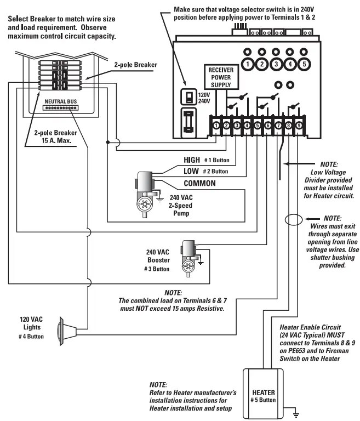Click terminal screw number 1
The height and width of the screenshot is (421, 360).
pos(217,126)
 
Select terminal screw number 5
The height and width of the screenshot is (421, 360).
pos(257,126)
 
